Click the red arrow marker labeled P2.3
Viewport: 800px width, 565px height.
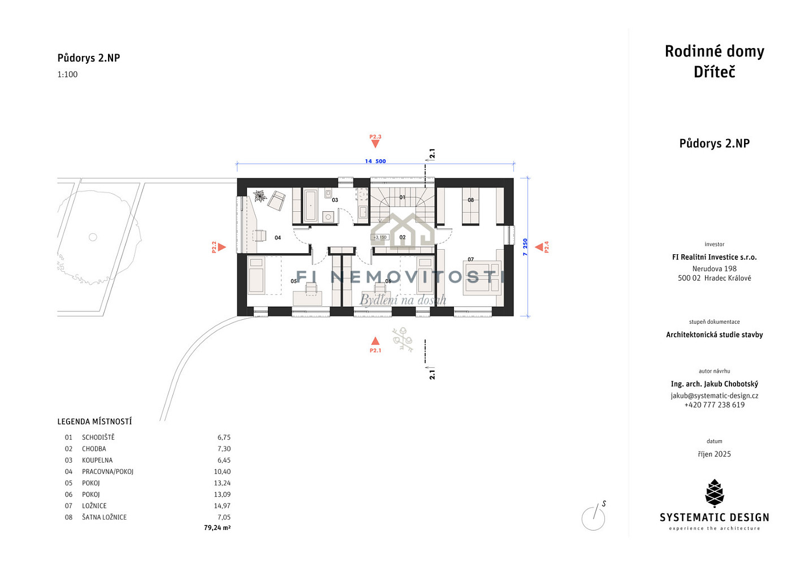(375, 144)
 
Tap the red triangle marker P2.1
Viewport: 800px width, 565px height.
(375, 341)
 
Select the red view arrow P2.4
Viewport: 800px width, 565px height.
(539, 247)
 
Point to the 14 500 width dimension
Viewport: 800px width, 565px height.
(375, 162)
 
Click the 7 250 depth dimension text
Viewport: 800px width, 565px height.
(525, 247)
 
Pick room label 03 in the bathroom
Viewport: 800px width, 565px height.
(335, 200)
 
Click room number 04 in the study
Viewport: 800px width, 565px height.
(278, 238)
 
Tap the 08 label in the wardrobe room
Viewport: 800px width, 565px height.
(471, 200)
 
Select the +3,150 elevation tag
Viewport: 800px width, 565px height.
(379, 237)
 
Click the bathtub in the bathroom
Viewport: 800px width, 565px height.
(310, 206)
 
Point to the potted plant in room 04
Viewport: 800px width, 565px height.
(260, 196)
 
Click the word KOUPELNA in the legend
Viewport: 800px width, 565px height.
(97, 460)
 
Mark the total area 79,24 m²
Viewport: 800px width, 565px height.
(217, 528)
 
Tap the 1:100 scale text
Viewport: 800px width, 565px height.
(67, 74)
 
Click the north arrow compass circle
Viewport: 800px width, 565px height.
(593, 519)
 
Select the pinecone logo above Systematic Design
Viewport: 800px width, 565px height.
(714, 493)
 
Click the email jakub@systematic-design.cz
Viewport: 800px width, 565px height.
(714, 396)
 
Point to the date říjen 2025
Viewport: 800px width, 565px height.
(714, 454)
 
